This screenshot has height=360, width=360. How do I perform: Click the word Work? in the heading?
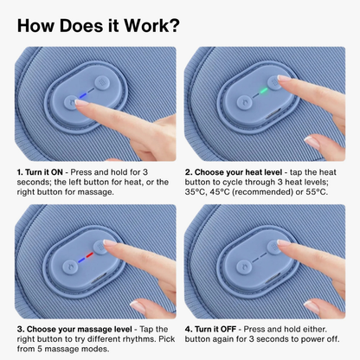[151, 25]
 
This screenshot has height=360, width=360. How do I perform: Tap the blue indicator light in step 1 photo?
[82, 95]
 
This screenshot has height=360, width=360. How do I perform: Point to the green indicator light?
[263, 91]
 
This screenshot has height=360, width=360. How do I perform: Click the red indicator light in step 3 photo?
[90, 254]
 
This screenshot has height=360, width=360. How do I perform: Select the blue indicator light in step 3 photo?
[81, 260]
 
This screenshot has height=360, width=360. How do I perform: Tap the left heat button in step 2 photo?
[244, 102]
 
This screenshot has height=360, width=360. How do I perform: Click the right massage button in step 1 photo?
[102, 83]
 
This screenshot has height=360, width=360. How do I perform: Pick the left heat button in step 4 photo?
[244, 266]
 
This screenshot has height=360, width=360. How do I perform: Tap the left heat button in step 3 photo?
[69, 267]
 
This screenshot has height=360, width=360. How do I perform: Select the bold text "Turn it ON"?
[44, 172]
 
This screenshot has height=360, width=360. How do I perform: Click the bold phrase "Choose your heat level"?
[238, 172]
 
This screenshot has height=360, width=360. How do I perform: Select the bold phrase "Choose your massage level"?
[80, 330]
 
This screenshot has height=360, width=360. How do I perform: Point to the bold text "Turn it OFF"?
[215, 329]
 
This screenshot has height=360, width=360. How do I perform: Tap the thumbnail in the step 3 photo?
[138, 306]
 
